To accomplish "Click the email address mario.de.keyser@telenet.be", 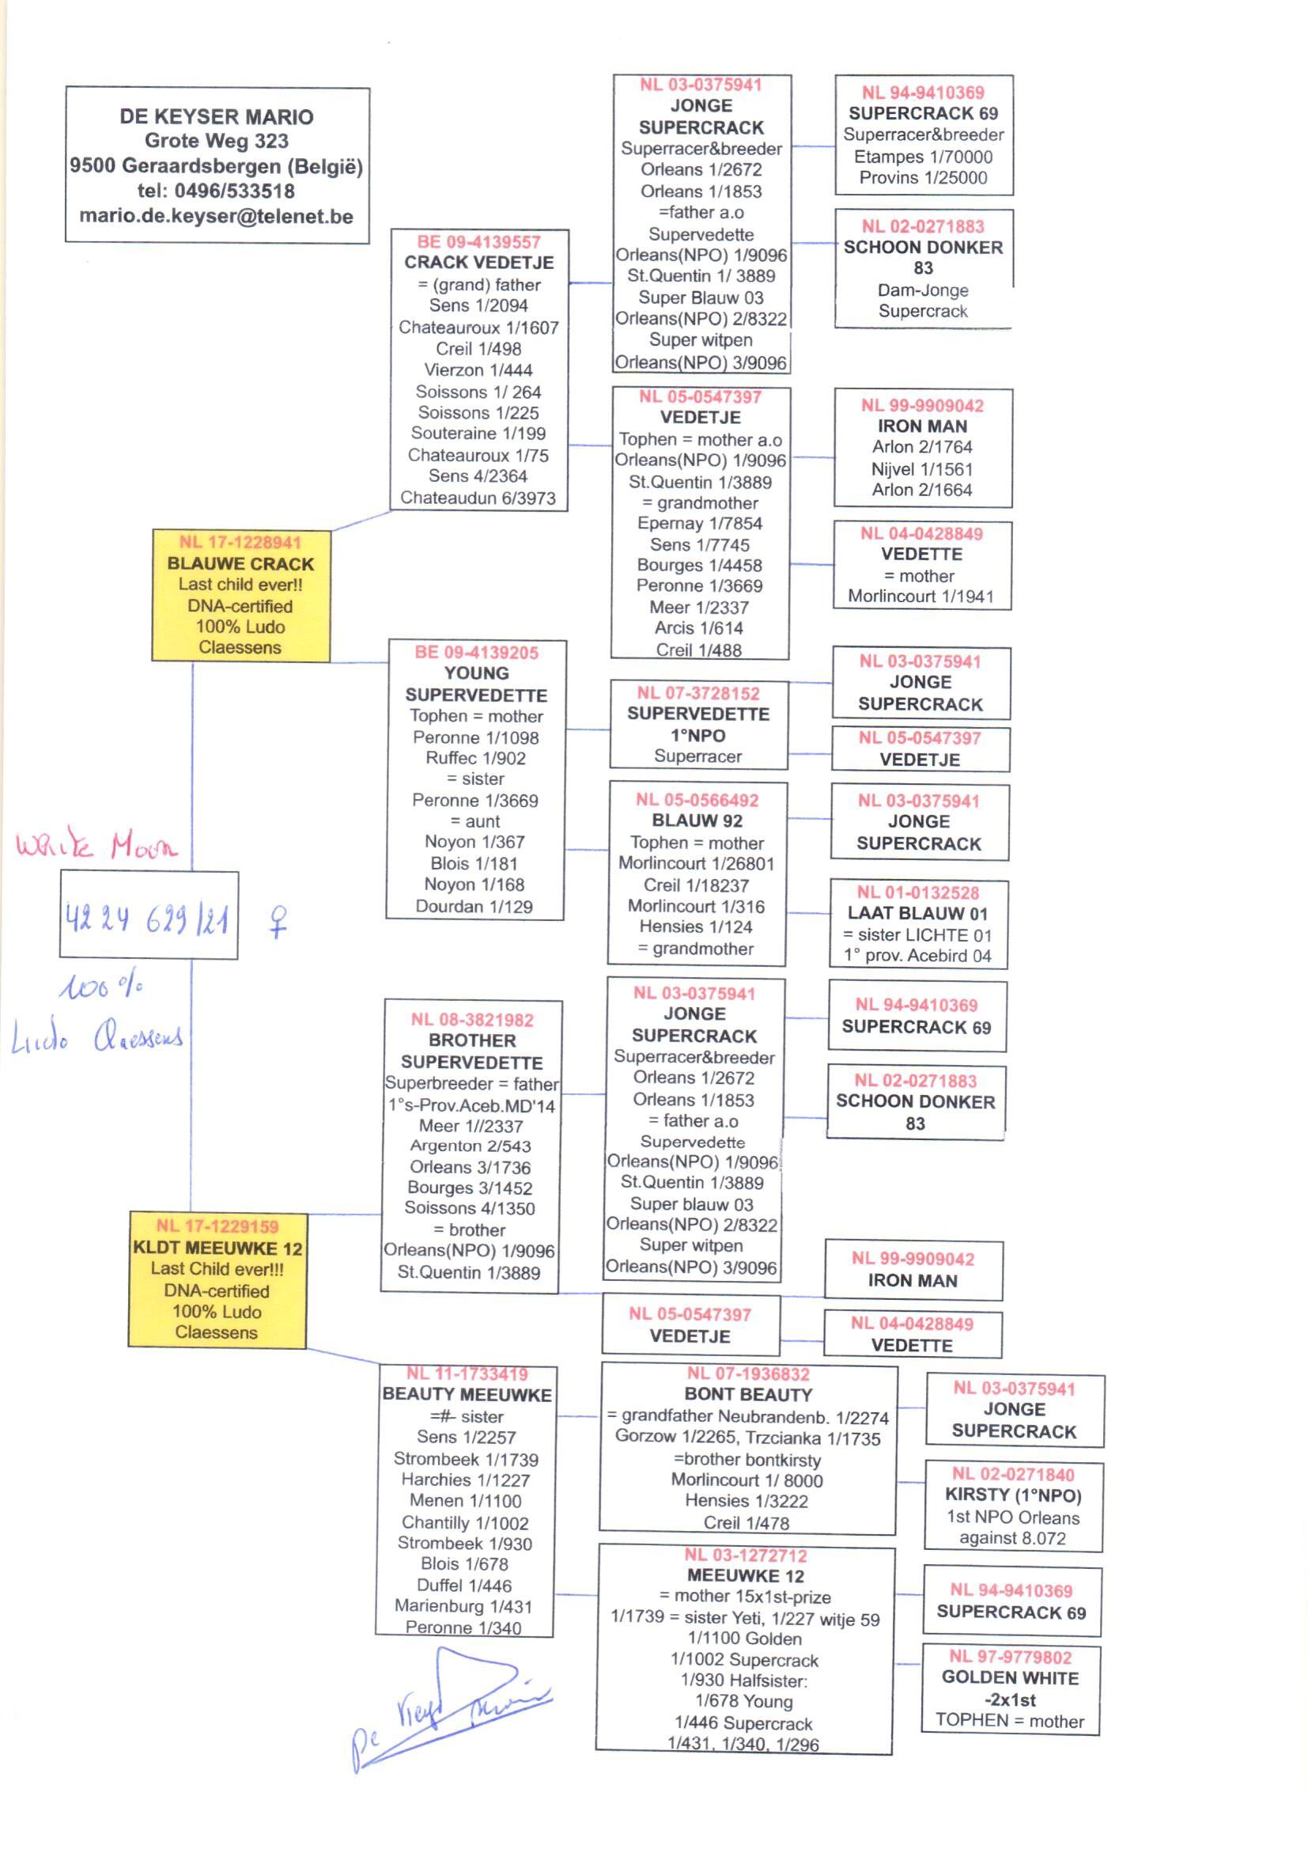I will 216,217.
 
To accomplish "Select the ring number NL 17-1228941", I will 240,542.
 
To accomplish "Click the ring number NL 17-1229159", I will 217,1226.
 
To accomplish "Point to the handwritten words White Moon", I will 96,845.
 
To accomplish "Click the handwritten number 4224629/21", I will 147,919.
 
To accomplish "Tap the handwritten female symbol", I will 278,922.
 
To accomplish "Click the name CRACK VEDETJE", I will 478,263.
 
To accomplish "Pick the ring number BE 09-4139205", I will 476,653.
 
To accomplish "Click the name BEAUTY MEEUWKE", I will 467,1395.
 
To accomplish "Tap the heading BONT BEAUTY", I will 748,1395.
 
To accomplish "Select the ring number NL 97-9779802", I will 1010,1658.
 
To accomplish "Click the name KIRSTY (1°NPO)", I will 1012,1495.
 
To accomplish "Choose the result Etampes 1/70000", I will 923,157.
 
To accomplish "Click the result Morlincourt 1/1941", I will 921,597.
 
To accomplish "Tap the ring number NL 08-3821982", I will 472,1020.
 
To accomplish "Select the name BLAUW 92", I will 697,821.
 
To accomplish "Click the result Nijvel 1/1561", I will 922,469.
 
